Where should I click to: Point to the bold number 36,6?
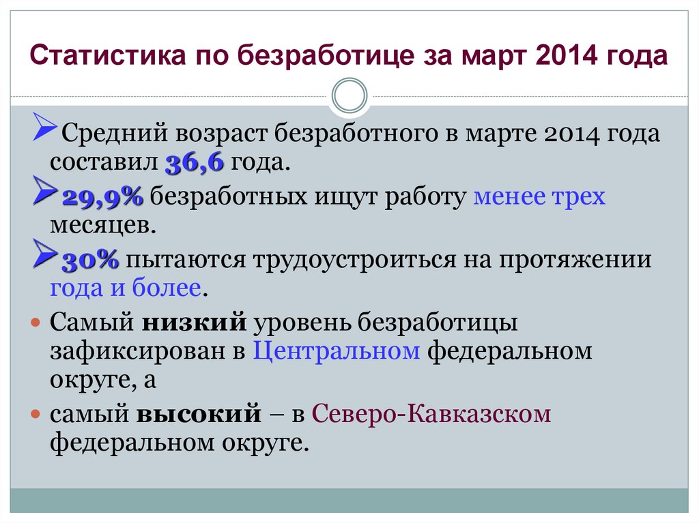point(195,163)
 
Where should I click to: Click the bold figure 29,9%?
point(103,197)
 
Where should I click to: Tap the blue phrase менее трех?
point(539,197)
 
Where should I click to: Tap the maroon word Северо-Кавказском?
point(431,414)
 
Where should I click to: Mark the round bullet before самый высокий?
point(36,415)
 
